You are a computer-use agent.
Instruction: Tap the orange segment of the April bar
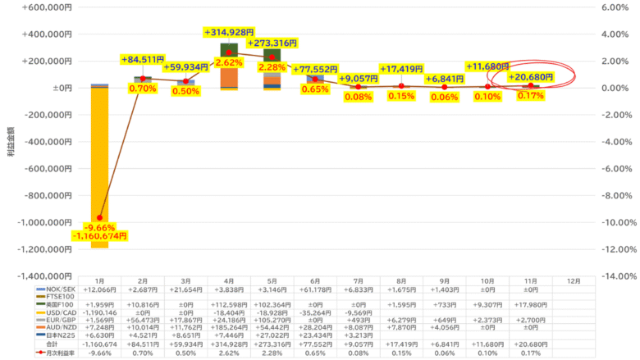(x=229, y=77)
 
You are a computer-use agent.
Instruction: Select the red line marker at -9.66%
(x=100, y=218)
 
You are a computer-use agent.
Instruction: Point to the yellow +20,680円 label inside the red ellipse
(x=530, y=77)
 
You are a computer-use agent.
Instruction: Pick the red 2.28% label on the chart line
(x=273, y=67)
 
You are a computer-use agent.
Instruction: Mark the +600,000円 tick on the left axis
(x=48, y=7)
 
